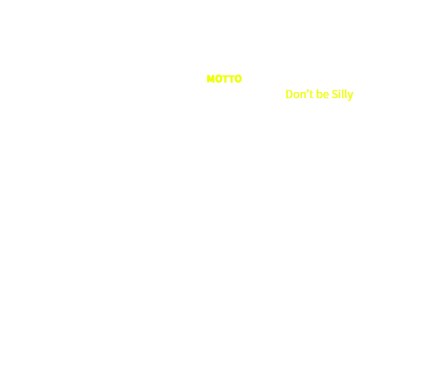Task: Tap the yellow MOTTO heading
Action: (x=224, y=79)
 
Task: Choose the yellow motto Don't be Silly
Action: (x=319, y=94)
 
